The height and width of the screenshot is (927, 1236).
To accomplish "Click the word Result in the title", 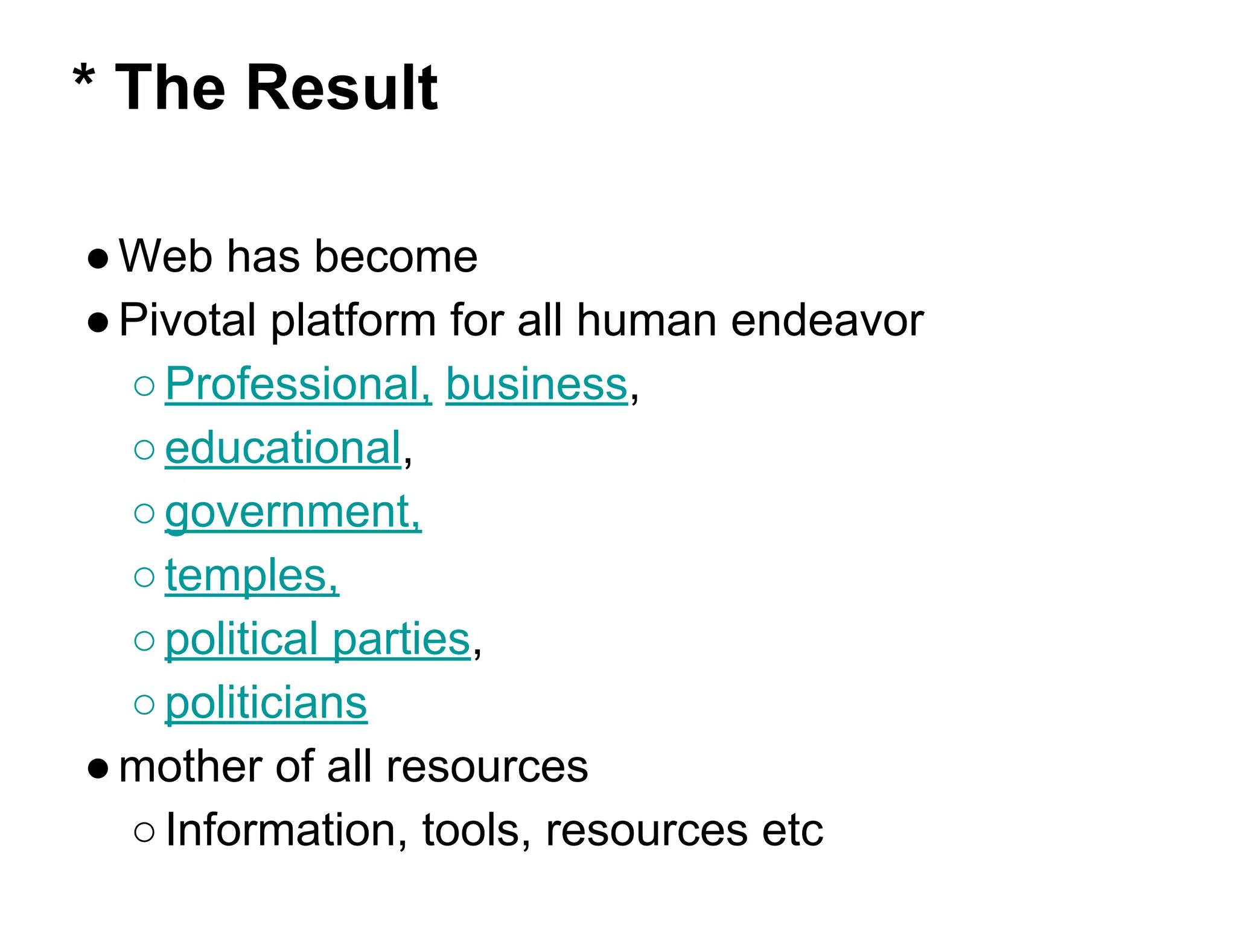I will click(x=342, y=88).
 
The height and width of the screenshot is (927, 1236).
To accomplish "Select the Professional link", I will click(x=298, y=384).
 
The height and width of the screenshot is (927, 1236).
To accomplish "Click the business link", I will click(x=537, y=384).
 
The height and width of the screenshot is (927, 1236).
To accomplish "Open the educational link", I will click(x=283, y=448).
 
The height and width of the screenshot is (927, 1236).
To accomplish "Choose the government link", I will click(x=293, y=512).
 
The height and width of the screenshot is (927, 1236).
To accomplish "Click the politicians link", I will click(x=266, y=703).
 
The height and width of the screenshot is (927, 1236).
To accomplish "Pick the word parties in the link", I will click(x=401, y=639).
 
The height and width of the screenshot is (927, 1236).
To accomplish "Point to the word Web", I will click(x=166, y=256).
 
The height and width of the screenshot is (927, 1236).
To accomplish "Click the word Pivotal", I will click(x=188, y=320).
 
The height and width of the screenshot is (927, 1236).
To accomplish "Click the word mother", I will click(x=191, y=766).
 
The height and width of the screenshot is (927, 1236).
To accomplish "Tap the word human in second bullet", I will click(x=646, y=320).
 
